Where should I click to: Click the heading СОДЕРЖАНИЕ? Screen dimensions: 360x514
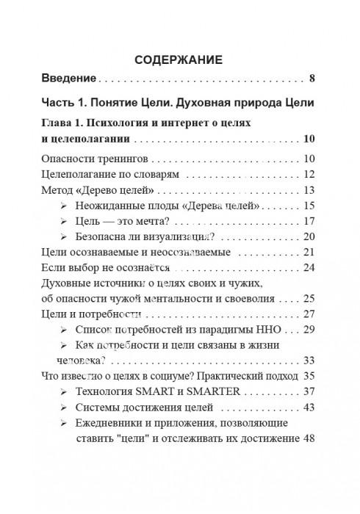point(179,58)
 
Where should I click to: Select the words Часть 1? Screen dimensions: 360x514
point(68,100)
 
